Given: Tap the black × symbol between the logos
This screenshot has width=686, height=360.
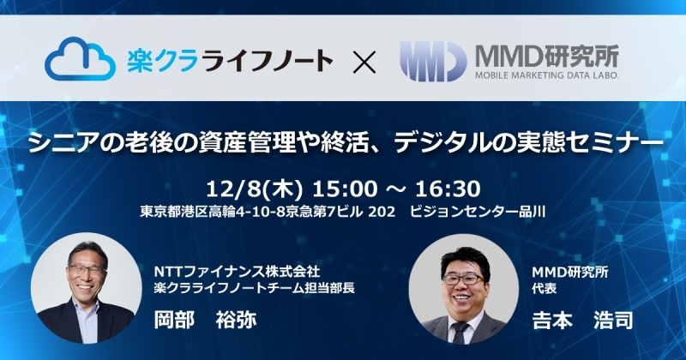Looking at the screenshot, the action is click(x=364, y=61).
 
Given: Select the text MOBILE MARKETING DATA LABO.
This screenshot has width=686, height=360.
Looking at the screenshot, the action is click(x=547, y=75).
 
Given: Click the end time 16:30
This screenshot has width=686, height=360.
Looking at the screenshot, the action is click(x=448, y=189).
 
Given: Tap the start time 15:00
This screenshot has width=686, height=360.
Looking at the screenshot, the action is click(x=345, y=189).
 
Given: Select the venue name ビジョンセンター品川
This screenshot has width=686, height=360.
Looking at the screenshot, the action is click(x=478, y=213).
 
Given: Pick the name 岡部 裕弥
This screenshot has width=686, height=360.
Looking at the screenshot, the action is click(x=205, y=320).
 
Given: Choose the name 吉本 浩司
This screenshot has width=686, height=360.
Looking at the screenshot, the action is click(x=583, y=320).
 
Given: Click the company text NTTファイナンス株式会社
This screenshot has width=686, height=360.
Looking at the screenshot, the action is click(x=238, y=272).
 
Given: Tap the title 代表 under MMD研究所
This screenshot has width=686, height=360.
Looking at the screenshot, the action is click(x=545, y=289).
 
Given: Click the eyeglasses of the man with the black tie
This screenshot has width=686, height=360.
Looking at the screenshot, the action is click(x=463, y=279).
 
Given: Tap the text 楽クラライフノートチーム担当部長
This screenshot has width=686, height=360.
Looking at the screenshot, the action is click(x=254, y=288).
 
